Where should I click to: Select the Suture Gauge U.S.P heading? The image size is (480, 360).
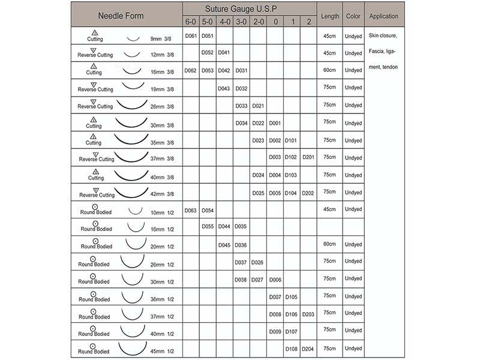tap(250, 10)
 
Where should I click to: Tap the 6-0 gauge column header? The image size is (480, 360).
tap(191, 22)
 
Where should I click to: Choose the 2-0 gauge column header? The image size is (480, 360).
tap(258, 22)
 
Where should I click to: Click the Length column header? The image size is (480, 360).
tap(330, 16)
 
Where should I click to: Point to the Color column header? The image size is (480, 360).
tap(353, 16)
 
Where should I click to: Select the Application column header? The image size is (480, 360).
tap(383, 16)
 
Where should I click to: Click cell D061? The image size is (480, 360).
tap(191, 36)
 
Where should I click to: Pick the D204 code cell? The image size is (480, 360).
tap(308, 349)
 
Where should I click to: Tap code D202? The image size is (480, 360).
tap(308, 193)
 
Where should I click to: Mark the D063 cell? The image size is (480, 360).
tap(191, 210)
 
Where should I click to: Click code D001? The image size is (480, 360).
tap(275, 123)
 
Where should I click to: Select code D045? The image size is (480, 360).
tap(224, 244)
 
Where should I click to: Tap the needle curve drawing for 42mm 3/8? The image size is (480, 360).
tap(131, 192)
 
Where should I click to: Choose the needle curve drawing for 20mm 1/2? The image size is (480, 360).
tap(136, 244)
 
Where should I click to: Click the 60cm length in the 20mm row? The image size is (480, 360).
tap(330, 244)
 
